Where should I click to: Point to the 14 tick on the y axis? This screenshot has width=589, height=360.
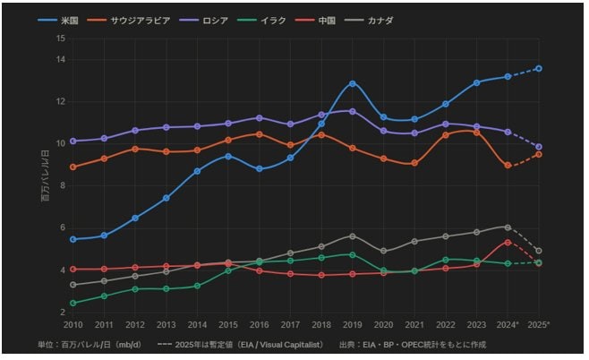pyautogui.click(x=60, y=59)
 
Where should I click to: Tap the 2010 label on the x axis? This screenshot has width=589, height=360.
pyautogui.click(x=73, y=323)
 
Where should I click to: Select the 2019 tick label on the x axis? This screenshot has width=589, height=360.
pyautogui.click(x=353, y=323)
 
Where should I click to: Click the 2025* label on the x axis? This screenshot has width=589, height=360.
pyautogui.click(x=539, y=323)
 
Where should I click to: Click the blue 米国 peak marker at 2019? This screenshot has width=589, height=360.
pyautogui.click(x=353, y=83)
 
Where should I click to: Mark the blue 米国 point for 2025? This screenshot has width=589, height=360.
pyautogui.click(x=539, y=69)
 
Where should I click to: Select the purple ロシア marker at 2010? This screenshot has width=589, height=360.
pyautogui.click(x=73, y=141)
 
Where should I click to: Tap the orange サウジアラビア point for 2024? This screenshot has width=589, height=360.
pyautogui.click(x=508, y=166)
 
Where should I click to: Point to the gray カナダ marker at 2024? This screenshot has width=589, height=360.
pyautogui.click(x=508, y=227)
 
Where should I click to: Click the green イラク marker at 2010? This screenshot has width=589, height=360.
pyautogui.click(x=73, y=303)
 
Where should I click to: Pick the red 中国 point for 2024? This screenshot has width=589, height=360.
pyautogui.click(x=508, y=243)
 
